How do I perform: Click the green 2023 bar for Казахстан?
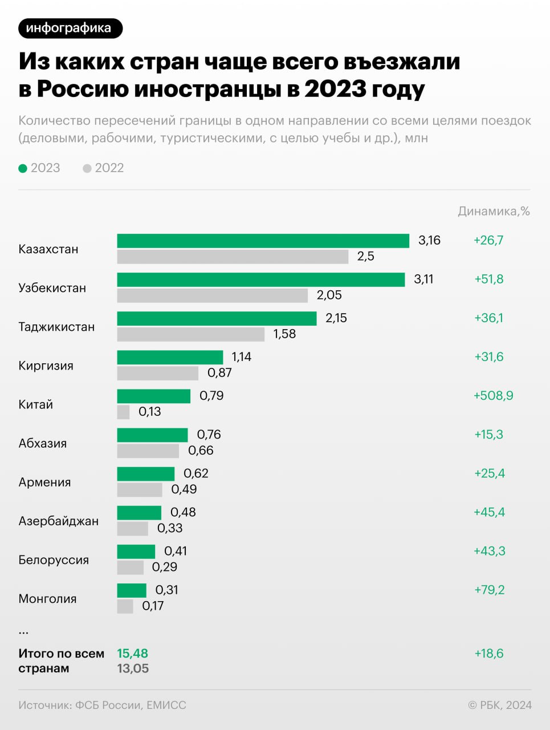(x=263, y=241)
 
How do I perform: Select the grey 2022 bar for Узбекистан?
(x=212, y=295)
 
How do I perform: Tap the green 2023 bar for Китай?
(x=153, y=396)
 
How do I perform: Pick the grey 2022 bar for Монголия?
(x=125, y=606)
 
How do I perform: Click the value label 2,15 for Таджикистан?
(x=336, y=318)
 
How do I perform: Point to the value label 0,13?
(x=150, y=412)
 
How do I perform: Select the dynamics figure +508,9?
(x=493, y=396)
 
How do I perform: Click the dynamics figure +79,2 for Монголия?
(x=489, y=590)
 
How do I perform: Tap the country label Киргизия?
(x=46, y=366)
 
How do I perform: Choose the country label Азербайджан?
(x=58, y=521)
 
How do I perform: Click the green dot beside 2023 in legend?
(x=23, y=168)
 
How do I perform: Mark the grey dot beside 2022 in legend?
(x=87, y=168)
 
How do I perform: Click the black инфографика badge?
(x=70, y=28)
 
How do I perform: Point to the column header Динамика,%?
(x=494, y=212)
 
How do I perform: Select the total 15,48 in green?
(x=132, y=654)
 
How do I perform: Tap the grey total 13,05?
(x=133, y=668)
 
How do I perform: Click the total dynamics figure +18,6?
(x=488, y=654)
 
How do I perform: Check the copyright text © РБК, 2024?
(x=499, y=705)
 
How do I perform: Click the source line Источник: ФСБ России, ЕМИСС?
(x=102, y=705)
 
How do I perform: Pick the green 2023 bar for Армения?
(x=145, y=474)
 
